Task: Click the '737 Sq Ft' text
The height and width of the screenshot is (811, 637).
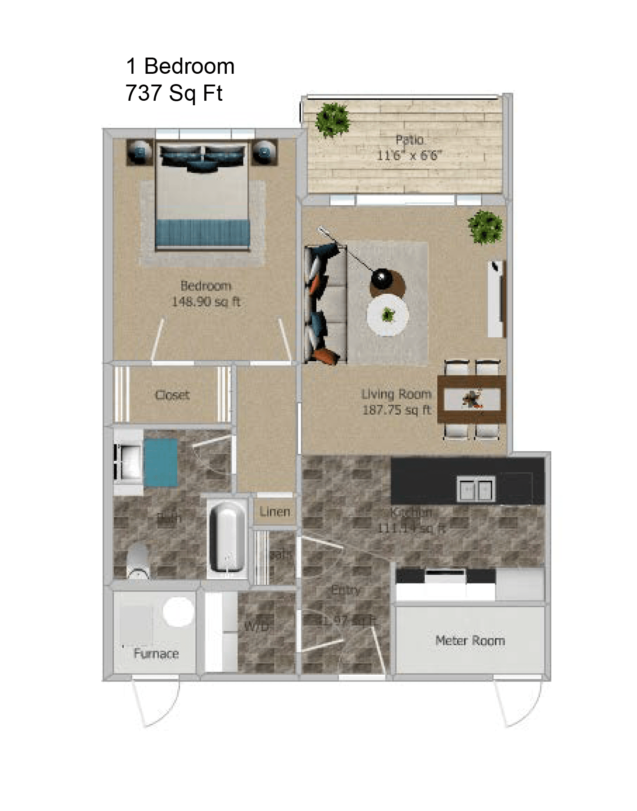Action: click(x=174, y=93)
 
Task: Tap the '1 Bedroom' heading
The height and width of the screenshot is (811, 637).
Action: click(x=180, y=66)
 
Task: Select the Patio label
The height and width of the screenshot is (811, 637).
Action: click(x=409, y=139)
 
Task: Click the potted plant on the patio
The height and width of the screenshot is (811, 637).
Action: click(x=332, y=120)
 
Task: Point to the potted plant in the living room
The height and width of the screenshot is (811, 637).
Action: click(x=485, y=227)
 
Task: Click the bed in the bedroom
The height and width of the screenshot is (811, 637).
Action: click(x=202, y=198)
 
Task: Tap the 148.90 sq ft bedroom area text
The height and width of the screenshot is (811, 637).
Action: click(x=206, y=301)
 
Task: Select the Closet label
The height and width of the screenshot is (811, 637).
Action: click(x=172, y=395)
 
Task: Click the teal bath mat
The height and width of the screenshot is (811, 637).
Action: click(x=161, y=463)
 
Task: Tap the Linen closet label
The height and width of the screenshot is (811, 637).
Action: click(x=274, y=511)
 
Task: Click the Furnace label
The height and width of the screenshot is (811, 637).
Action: click(x=156, y=653)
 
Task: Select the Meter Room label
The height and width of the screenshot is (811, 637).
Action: click(x=470, y=640)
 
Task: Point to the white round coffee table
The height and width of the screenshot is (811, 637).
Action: click(x=387, y=315)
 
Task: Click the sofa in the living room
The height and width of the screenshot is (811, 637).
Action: click(x=325, y=305)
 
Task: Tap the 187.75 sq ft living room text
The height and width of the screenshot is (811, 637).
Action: click(x=396, y=410)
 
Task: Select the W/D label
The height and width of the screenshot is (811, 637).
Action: click(x=256, y=626)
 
